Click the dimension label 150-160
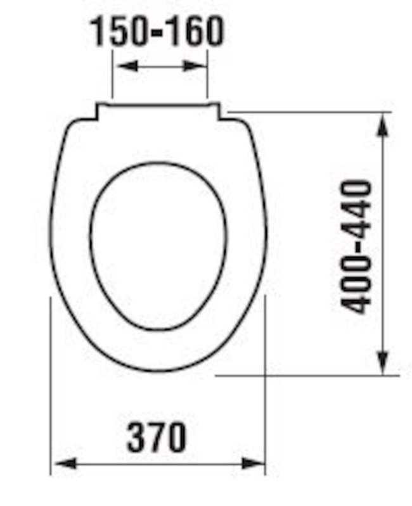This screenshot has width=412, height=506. click(x=157, y=31)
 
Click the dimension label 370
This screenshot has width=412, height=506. click(x=157, y=437)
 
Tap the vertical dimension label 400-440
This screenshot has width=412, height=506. click(x=356, y=247)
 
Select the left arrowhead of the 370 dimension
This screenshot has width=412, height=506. click(x=65, y=464)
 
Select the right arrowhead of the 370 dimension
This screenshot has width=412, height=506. click(x=252, y=464)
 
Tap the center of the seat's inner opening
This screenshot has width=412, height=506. click(x=158, y=246)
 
